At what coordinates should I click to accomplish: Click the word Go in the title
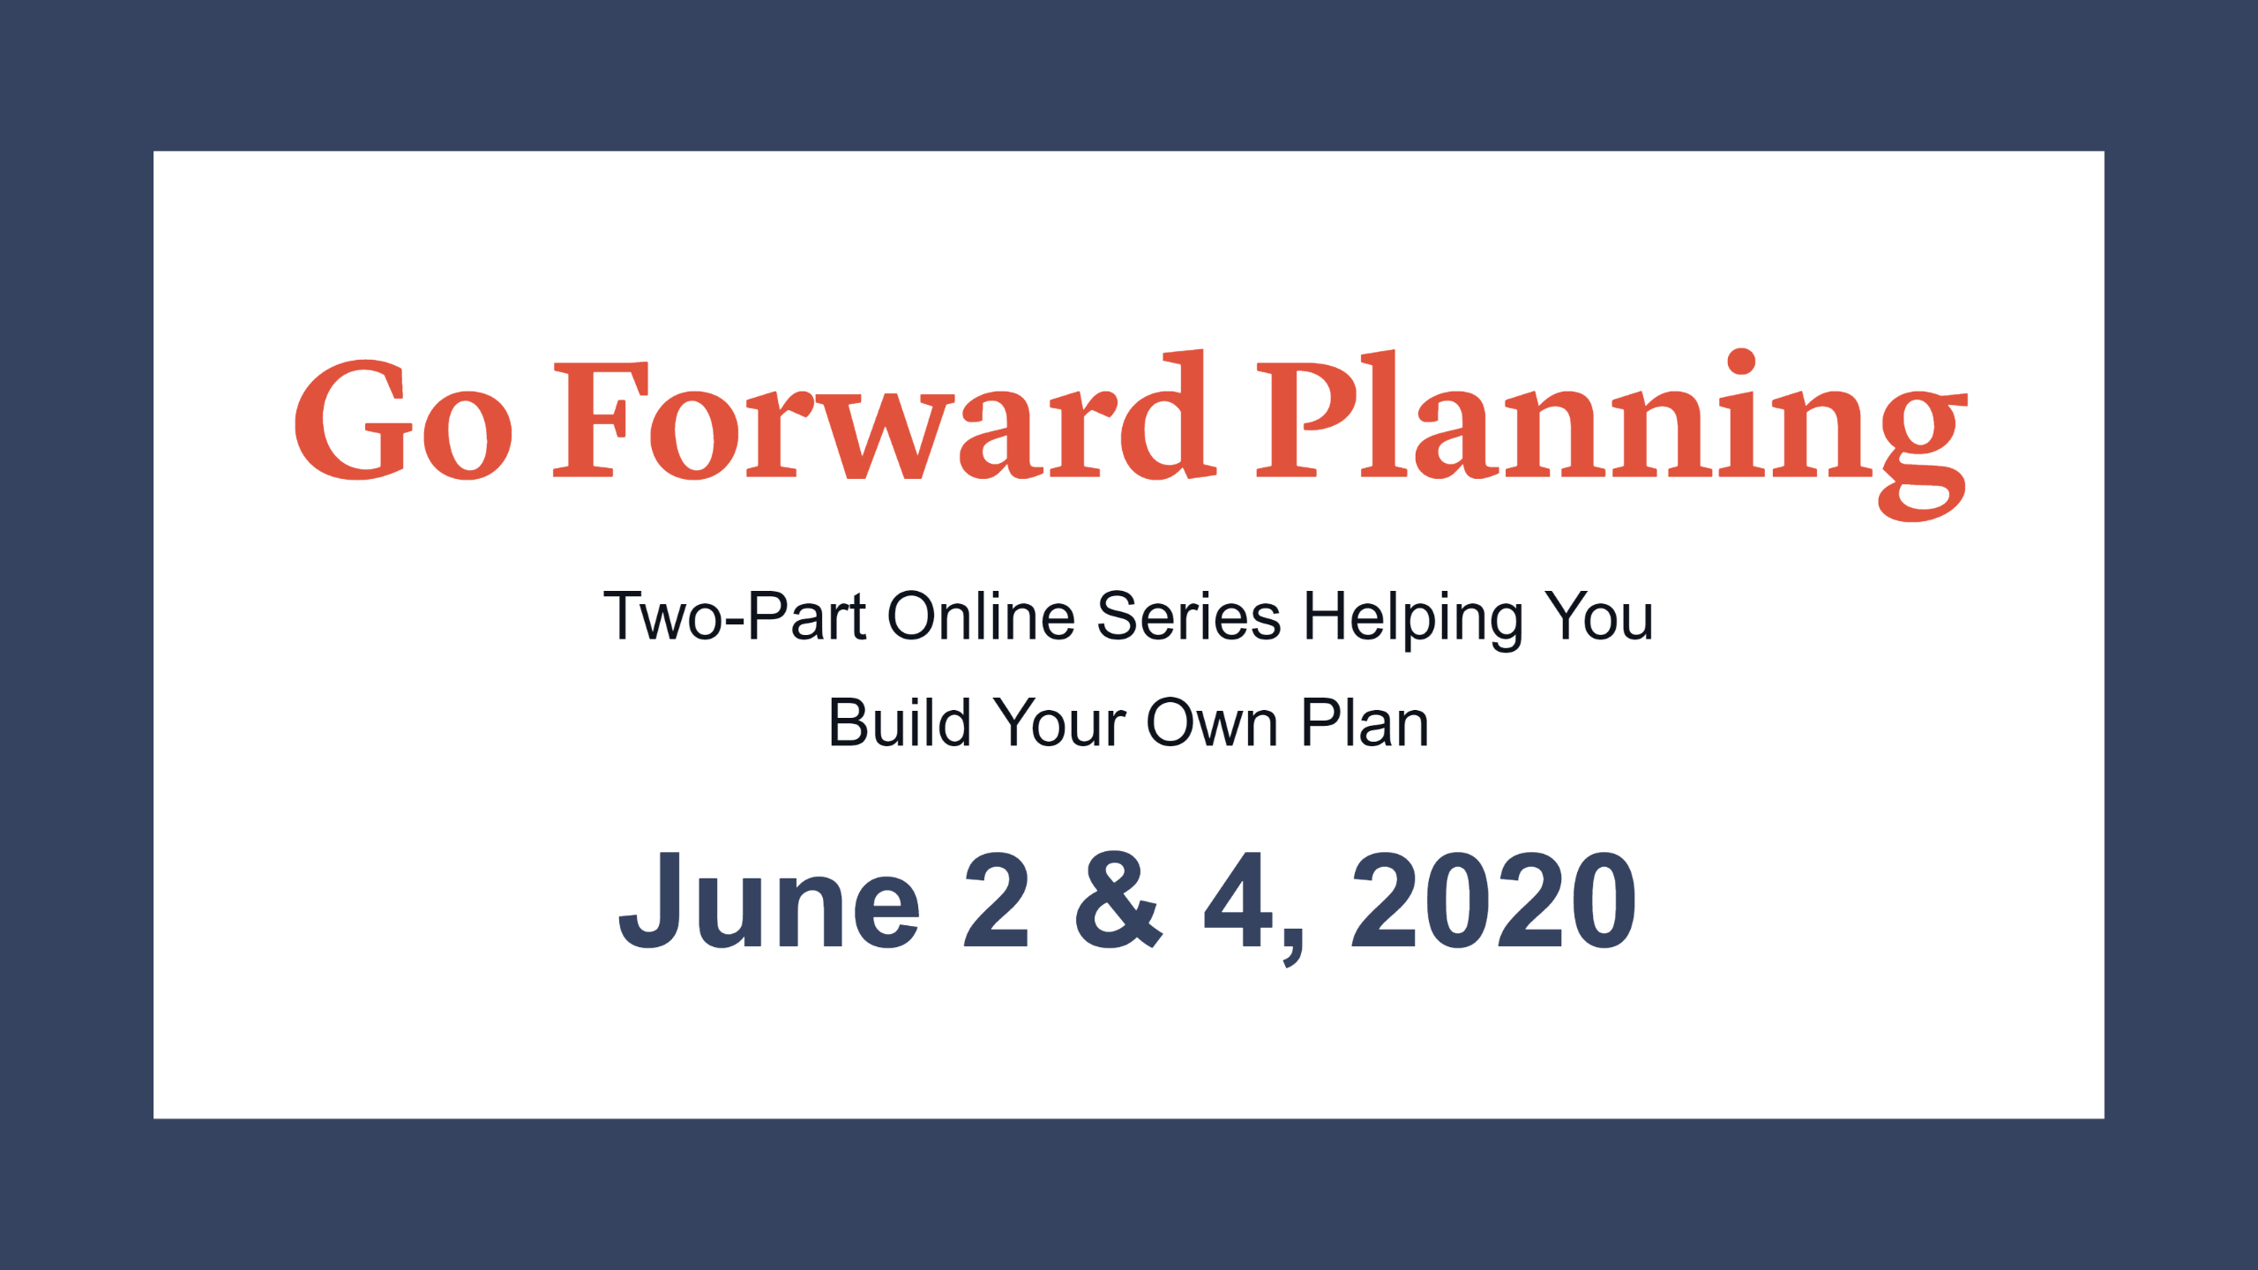pos(403,420)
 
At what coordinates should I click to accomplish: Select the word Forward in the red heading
pos(885,415)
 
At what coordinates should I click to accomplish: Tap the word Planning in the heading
pos(1611,435)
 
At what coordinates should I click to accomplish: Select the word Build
pos(900,722)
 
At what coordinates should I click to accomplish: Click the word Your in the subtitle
pos(1059,723)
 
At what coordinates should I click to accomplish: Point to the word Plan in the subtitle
pos(1365,722)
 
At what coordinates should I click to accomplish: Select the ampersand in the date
pos(1118,900)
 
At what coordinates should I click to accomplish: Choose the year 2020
pos(1493,900)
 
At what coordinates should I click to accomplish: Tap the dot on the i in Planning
pos(1741,362)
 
